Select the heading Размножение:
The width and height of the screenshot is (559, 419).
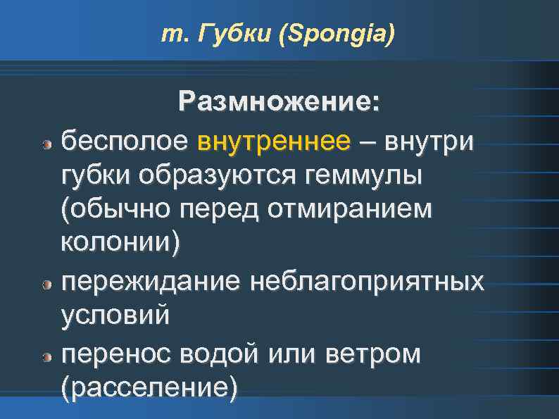coord(279,102)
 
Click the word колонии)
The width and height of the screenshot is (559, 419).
coord(120,244)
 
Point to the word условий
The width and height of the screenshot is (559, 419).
coord(115,315)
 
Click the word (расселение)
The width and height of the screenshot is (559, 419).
coord(149,387)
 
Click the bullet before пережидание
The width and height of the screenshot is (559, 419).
coord(46,285)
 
